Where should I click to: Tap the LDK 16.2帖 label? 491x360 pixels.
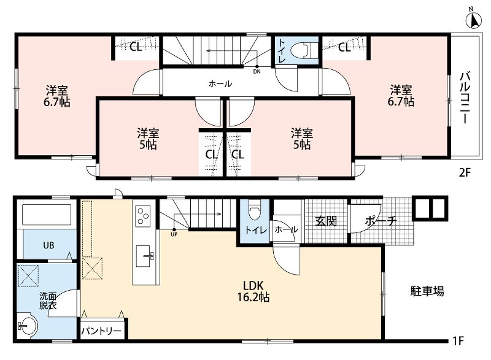pyautogui.click(x=253, y=291)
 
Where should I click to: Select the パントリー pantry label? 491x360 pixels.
pyautogui.click(x=101, y=331)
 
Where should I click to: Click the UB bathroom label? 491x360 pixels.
pyautogui.click(x=48, y=245)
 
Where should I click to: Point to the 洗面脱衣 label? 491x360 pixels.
pyautogui.click(x=48, y=301)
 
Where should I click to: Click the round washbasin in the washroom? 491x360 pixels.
pyautogui.click(x=28, y=326)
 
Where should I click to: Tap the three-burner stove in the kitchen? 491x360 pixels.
pyautogui.click(x=142, y=216)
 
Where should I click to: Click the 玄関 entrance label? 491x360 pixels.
pyautogui.click(x=326, y=221)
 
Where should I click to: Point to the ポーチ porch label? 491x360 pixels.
pyautogui.click(x=381, y=221)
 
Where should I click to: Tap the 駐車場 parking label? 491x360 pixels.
pyautogui.click(x=427, y=291)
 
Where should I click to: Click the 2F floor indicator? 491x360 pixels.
pyautogui.click(x=465, y=172)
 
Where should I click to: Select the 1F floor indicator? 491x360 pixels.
pyautogui.click(x=458, y=340)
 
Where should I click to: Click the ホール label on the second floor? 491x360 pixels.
pyautogui.click(x=220, y=84)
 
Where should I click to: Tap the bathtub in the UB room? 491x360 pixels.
pyautogui.click(x=47, y=215)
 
